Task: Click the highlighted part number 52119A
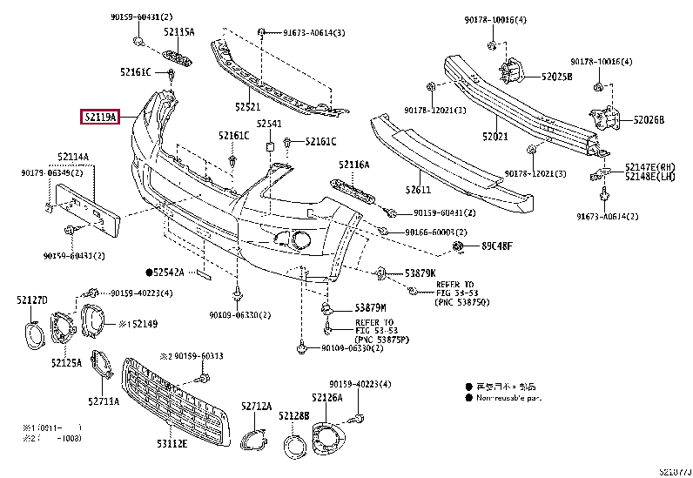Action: tap(100, 116)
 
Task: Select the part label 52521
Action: tap(247, 106)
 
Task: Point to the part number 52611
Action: tap(418, 189)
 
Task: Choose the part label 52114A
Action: tap(74, 157)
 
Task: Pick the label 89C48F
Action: tap(498, 246)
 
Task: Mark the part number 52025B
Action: tap(556, 77)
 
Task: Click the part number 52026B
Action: tap(649, 120)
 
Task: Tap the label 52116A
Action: tap(354, 165)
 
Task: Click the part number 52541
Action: tap(269, 125)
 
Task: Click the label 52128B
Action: tap(294, 416)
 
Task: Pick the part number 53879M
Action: tap(370, 308)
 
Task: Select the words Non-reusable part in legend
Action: tap(508, 398)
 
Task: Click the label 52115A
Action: tap(179, 32)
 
